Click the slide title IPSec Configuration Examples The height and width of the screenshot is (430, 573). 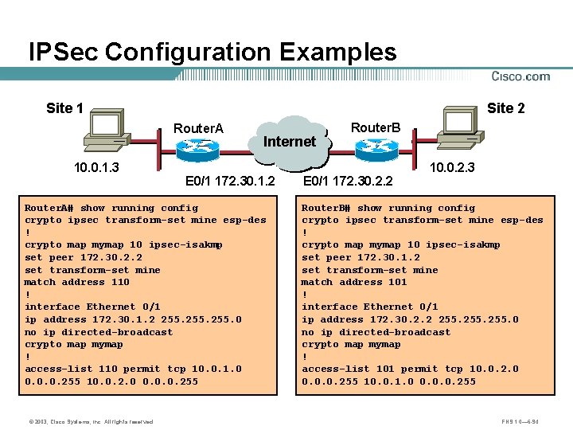212,53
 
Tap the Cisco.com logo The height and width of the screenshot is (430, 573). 520,76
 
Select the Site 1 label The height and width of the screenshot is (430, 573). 65,108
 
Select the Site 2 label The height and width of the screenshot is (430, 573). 506,108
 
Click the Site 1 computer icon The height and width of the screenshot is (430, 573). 108,131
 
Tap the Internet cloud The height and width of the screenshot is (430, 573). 290,142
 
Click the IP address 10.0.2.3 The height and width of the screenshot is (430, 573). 452,168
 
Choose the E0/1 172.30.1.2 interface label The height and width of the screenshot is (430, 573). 230,182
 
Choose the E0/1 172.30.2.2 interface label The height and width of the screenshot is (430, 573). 348,182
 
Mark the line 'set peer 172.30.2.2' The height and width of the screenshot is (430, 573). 83,257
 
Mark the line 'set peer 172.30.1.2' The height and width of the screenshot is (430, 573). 361,257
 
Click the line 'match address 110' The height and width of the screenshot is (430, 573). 76,282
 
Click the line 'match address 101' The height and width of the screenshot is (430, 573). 354,282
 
